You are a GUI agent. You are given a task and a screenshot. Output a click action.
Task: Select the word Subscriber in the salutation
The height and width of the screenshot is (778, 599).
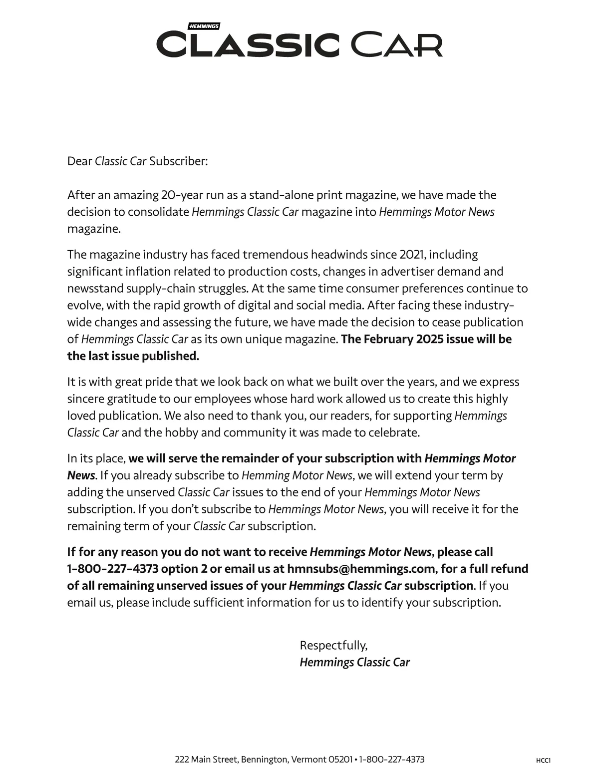(x=177, y=161)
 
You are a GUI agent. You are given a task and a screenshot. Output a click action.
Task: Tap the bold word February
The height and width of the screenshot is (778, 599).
(x=388, y=340)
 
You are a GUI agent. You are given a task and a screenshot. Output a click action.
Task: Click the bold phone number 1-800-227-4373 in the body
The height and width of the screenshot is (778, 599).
(x=113, y=569)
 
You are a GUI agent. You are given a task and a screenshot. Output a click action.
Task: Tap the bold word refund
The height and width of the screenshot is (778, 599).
(x=509, y=569)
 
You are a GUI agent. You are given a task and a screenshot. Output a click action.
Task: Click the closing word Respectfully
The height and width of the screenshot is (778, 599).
(x=333, y=645)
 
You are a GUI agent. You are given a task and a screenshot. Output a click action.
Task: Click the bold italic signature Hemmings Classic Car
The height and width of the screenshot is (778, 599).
(x=354, y=662)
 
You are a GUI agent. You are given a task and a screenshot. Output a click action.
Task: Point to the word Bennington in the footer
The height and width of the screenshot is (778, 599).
(x=265, y=760)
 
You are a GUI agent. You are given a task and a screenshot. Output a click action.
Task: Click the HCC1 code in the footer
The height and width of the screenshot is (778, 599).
(x=543, y=761)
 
